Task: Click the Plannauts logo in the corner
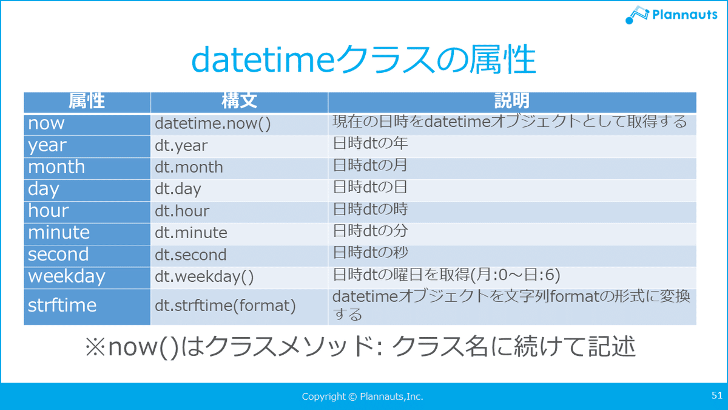tap(671, 15)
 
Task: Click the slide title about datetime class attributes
tap(363, 60)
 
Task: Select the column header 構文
tap(239, 101)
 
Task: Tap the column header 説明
tap(512, 101)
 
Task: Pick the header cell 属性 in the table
tap(86, 101)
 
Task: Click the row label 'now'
tap(46, 123)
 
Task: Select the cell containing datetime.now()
tap(212, 124)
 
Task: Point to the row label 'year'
tap(47, 145)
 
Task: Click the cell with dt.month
tap(189, 167)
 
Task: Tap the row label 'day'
tap(44, 189)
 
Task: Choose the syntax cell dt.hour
tap(182, 211)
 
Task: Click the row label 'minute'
tap(59, 233)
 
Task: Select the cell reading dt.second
tap(190, 255)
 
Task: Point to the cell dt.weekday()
tap(204, 277)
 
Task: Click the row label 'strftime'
tap(62, 306)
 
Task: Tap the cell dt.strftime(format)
tap(225, 306)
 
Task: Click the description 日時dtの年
tap(370, 143)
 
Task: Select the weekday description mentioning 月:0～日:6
tap(447, 275)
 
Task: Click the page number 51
tap(717, 395)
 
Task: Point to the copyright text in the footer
tap(362, 396)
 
